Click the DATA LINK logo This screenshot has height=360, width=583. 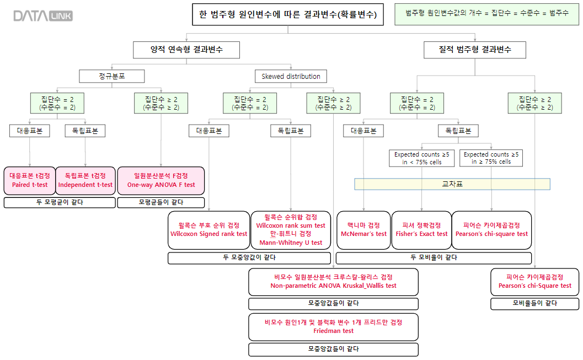(43, 16)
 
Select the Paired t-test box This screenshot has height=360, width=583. (29, 180)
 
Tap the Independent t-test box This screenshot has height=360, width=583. (85, 180)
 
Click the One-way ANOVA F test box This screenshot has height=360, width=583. (161, 180)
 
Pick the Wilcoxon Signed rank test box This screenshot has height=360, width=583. (208, 230)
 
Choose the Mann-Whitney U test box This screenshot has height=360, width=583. (291, 230)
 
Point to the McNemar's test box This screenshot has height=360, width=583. (363, 230)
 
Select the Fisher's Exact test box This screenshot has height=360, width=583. (421, 230)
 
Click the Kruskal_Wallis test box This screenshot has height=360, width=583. (333, 282)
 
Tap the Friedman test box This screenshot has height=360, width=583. (333, 327)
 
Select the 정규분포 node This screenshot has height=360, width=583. (113, 76)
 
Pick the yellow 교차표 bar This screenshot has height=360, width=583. (452, 184)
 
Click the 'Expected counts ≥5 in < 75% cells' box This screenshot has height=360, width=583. (421, 158)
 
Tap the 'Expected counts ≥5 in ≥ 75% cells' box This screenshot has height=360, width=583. (491, 158)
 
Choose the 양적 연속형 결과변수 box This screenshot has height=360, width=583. (186, 50)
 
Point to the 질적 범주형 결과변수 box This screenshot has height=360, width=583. (474, 50)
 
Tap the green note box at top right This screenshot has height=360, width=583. (487, 13)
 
